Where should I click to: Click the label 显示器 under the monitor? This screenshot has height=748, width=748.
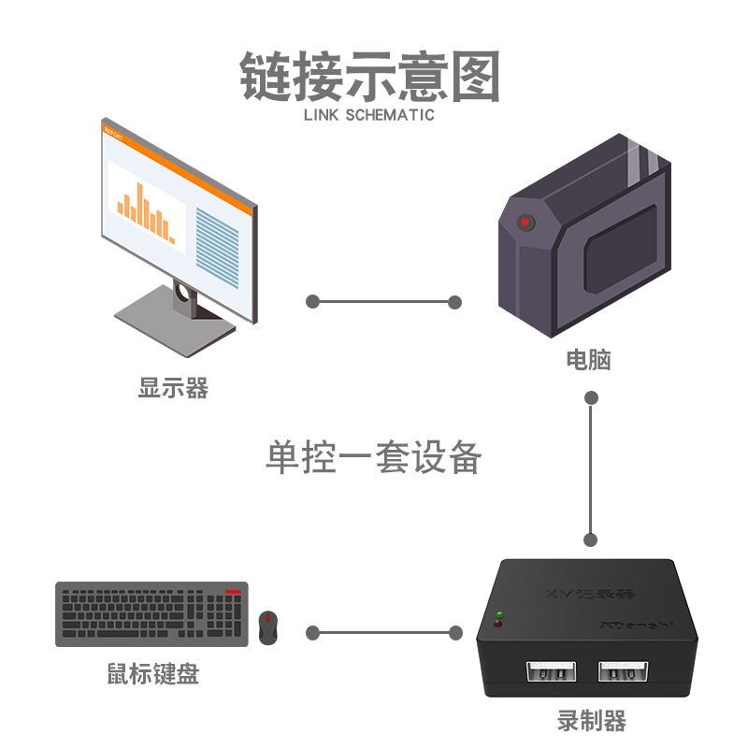pos(173,387)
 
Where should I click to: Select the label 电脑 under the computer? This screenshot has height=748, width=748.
pos(589,359)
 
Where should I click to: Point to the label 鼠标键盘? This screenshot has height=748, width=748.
pos(152,673)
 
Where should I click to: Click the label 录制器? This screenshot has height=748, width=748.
pos(591,721)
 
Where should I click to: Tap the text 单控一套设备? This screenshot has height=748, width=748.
pos(374,458)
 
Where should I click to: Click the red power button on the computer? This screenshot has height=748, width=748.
pos(525,223)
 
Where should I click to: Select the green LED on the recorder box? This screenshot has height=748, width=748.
pos(498,614)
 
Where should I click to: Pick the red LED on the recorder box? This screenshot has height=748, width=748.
pos(497,624)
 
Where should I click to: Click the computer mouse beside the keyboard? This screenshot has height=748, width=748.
pos(268,627)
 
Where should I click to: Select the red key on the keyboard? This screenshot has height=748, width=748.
pos(233,593)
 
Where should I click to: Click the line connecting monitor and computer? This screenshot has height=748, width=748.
pos(384,302)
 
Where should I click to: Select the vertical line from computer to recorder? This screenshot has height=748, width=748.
pos(590,467)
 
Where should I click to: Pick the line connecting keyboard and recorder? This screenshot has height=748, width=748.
pos(384,633)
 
